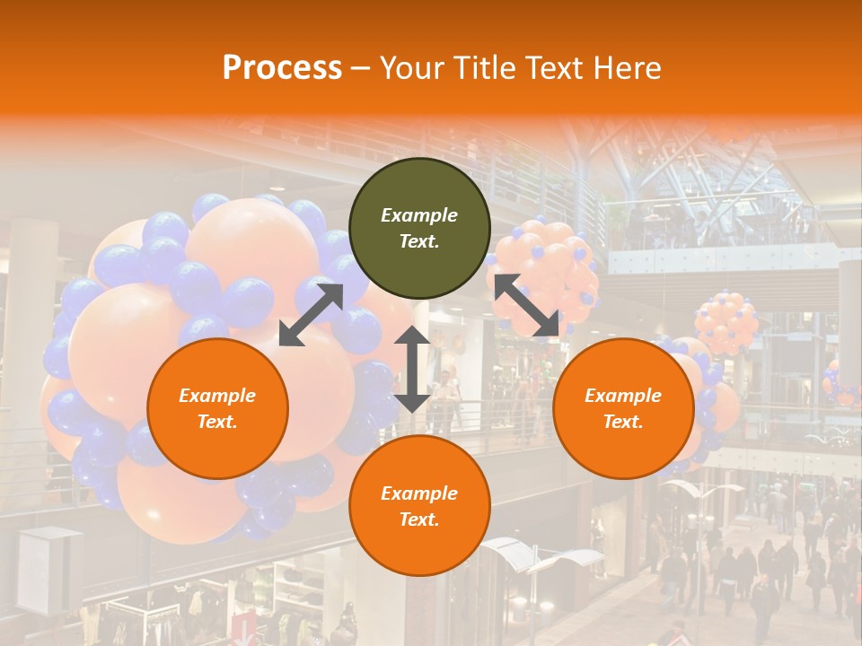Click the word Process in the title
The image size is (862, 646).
click(282, 68)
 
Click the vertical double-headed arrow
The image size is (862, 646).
click(412, 369)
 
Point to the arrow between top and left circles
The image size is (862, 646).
click(311, 314)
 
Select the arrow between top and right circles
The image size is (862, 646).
click(526, 305)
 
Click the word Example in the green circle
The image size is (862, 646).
click(419, 215)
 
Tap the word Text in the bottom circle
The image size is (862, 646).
click(419, 519)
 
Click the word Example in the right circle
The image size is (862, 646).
click(623, 396)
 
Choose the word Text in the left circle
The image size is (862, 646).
click(217, 422)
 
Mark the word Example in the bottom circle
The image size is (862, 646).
click(419, 493)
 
